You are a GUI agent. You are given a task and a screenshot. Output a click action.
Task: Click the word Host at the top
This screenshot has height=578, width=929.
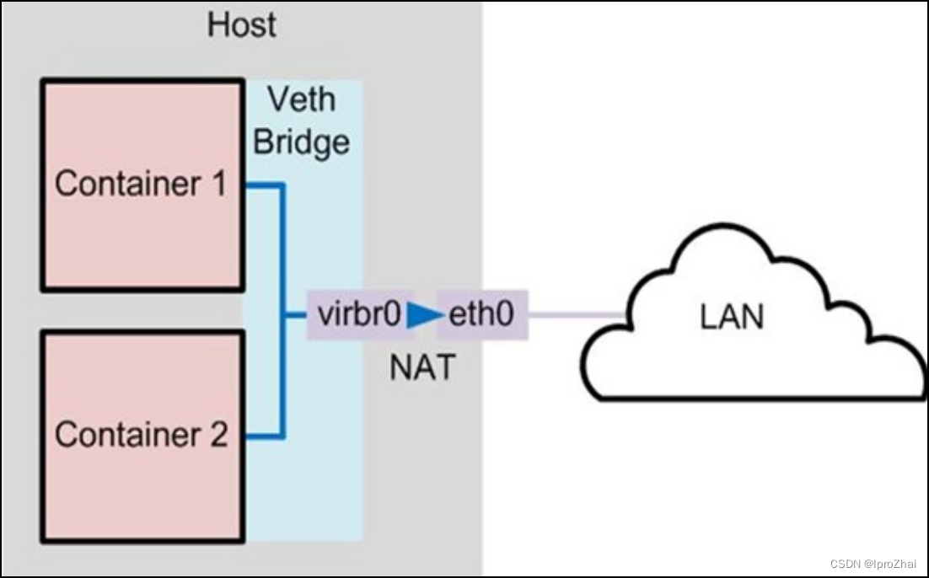coord(241,24)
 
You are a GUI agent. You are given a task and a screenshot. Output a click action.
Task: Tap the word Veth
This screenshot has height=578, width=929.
coord(301,99)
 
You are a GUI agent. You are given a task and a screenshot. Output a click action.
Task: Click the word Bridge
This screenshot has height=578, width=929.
coord(301,142)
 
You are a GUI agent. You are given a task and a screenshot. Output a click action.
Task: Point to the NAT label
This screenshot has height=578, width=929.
coord(422,367)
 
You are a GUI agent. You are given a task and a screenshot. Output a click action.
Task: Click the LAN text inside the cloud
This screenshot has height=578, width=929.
coord(732,317)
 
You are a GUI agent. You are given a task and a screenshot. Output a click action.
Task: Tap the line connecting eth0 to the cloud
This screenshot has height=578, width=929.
coord(577,316)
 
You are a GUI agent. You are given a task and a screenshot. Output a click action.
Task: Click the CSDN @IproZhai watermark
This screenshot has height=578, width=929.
coord(873,564)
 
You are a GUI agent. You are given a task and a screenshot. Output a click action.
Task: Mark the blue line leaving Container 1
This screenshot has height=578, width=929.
coord(263,185)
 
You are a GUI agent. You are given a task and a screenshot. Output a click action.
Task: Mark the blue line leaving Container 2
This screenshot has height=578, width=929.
coord(263,436)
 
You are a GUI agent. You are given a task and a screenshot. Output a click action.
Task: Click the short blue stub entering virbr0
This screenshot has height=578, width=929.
coord(295,316)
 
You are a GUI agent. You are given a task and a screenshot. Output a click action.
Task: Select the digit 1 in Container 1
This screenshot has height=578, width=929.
coord(218,184)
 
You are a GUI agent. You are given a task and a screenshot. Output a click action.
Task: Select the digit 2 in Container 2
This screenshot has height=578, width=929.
coord(217,435)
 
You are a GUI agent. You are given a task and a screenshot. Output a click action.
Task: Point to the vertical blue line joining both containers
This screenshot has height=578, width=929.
coord(283,253)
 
